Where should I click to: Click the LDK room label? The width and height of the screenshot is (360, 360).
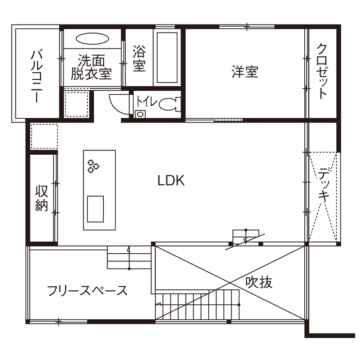171,181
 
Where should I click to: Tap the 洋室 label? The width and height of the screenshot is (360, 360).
245,72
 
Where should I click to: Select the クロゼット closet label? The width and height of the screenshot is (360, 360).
322,71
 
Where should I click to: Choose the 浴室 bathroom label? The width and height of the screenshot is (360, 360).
139,59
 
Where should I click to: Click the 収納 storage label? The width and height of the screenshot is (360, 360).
42,198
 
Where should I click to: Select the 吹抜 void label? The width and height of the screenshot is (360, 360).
259,282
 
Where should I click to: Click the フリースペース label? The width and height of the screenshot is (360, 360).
87,291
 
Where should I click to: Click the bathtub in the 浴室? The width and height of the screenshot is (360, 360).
168,58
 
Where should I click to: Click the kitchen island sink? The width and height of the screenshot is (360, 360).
96,209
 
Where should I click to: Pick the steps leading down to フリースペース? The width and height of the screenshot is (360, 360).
129,258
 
